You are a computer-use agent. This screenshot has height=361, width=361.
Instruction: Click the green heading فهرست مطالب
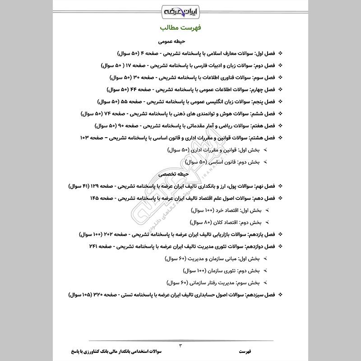[180, 28]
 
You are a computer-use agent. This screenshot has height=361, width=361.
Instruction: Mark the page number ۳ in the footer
[180, 346]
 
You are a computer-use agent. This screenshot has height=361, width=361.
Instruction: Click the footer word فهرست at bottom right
[247, 350]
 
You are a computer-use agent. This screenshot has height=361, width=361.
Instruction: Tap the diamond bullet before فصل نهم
[280, 186]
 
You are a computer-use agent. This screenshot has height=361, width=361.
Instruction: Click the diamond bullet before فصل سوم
[280, 78]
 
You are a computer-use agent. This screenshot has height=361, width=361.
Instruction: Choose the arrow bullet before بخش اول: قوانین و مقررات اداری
[266, 150]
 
